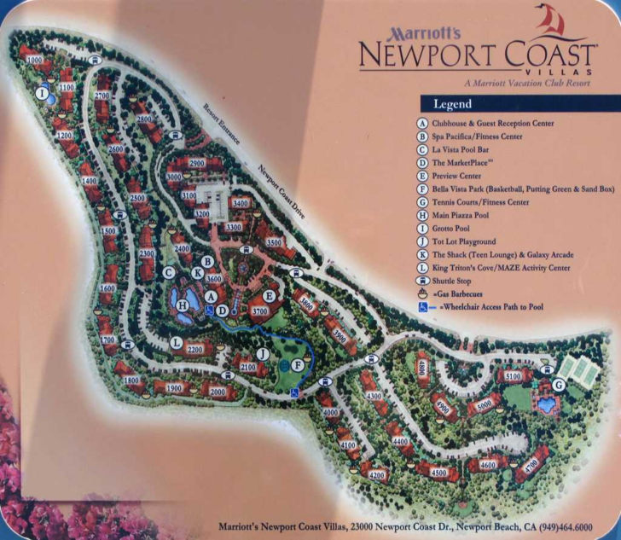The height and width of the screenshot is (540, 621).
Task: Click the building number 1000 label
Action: [34, 60]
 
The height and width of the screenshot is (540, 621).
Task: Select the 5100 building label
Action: [513, 375]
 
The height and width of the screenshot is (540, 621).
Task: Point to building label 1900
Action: [173, 388]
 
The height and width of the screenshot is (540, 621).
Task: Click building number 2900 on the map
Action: [196, 163]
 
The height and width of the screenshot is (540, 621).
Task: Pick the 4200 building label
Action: [377, 475]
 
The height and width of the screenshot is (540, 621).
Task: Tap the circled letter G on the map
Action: [559, 385]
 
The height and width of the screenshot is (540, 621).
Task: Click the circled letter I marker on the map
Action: [42, 93]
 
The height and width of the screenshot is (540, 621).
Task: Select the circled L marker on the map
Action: [175, 343]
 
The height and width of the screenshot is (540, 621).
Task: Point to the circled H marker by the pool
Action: [182, 303]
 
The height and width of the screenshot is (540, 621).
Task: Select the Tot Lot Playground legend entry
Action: [464, 241]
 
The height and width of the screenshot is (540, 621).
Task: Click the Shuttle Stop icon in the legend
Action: [421, 280]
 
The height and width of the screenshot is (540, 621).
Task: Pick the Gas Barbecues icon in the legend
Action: [421, 293]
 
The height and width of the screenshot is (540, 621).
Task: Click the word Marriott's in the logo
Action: [424, 33]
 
